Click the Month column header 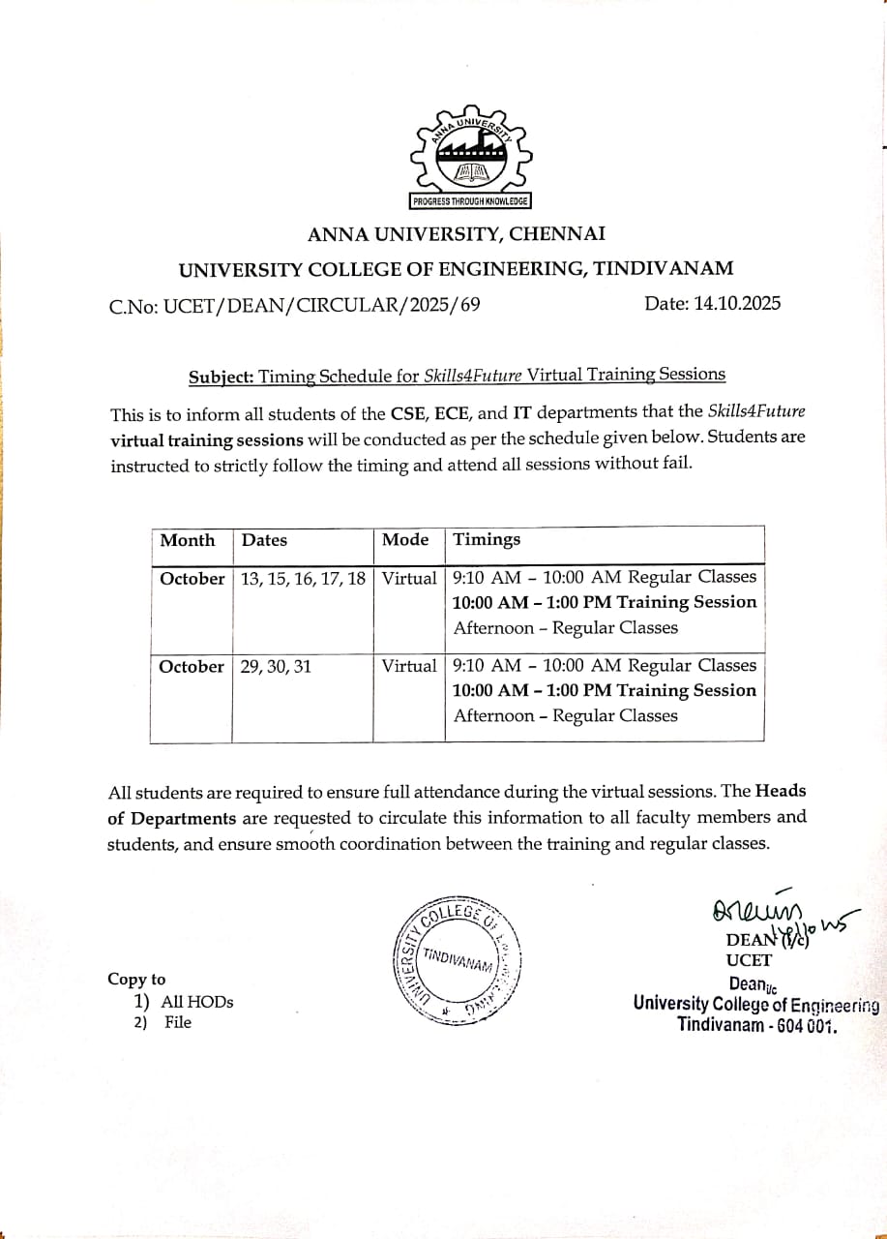(188, 540)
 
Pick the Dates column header (264, 540)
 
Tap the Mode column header (405, 539)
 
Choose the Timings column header (487, 539)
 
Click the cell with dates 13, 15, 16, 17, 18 (303, 578)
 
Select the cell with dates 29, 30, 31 (276, 666)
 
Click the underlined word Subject (220, 377)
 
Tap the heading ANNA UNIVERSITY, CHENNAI (457, 233)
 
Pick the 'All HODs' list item (196, 1002)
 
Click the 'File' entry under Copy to (178, 1022)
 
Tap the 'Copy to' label (136, 979)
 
